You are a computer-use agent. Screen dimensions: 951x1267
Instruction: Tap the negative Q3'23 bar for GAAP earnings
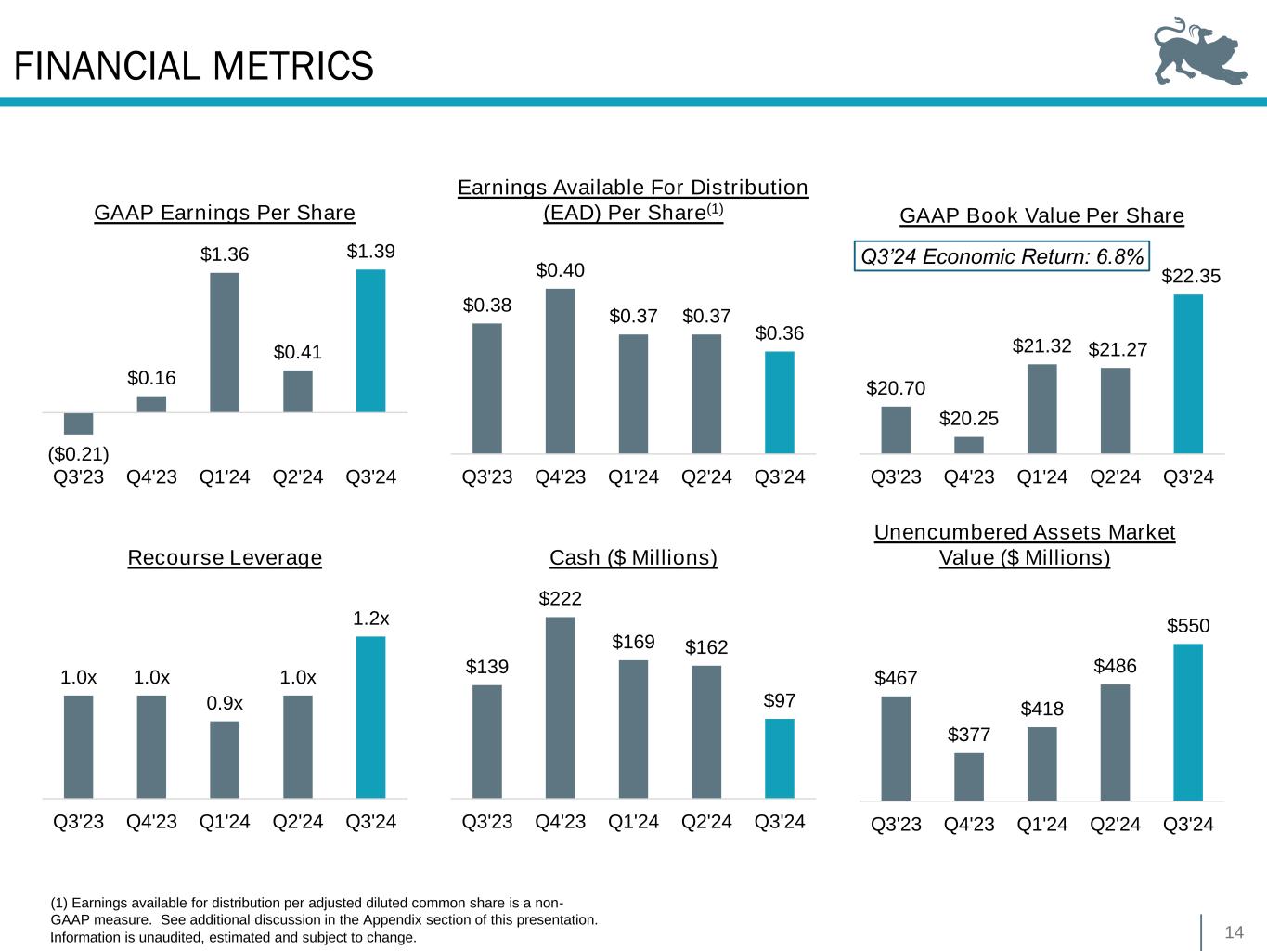[78, 423]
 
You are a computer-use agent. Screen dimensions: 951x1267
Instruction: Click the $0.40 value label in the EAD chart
[560, 270]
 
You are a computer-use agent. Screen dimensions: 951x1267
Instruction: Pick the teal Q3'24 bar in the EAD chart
[779, 402]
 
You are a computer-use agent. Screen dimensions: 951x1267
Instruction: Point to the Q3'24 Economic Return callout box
[1002, 256]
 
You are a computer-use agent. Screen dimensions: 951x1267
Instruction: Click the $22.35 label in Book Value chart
[1190, 277]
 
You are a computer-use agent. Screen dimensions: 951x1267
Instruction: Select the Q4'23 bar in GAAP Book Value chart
[968, 445]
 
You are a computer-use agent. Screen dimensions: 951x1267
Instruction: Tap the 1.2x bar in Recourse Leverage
[370, 717]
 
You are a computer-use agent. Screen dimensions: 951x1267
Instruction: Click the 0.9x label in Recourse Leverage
[225, 704]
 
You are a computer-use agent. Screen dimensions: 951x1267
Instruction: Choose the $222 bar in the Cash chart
[560, 707]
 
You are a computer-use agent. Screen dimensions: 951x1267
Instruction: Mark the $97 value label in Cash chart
[779, 701]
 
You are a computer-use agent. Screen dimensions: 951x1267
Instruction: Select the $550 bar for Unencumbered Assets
[1188, 722]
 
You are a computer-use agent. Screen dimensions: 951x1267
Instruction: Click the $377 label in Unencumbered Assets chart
[969, 735]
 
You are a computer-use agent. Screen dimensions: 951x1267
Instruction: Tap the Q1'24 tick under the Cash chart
[633, 822]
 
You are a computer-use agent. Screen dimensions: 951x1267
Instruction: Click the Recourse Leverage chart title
[225, 557]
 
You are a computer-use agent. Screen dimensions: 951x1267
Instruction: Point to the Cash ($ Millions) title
[633, 557]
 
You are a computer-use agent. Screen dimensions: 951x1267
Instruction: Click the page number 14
[1234, 932]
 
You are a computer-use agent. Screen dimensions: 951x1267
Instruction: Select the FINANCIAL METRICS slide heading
[194, 66]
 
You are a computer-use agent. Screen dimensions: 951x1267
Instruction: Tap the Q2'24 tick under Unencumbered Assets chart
[1115, 824]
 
